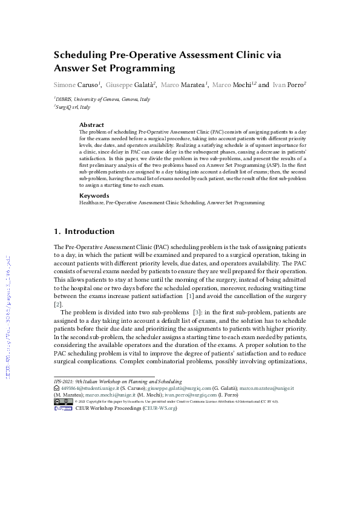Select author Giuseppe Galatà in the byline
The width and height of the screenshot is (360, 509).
click(131, 85)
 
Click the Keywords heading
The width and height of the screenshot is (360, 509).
click(94, 196)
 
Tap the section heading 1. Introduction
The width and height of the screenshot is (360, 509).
click(84, 231)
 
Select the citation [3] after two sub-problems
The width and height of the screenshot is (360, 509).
click(196, 312)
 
